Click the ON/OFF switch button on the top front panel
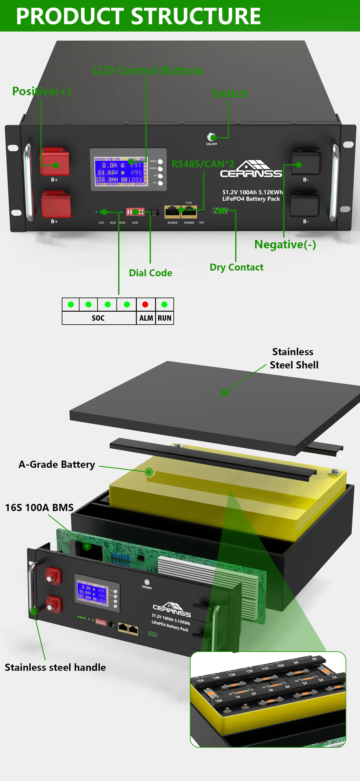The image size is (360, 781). click(211, 137)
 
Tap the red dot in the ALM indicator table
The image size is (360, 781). click(145, 304)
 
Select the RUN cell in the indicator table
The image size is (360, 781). click(164, 318)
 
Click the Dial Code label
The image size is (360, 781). click(150, 273)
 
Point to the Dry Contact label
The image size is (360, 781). click(236, 267)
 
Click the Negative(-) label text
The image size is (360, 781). click(285, 244)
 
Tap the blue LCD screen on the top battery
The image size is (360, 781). click(121, 171)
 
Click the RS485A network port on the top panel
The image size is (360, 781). click(172, 212)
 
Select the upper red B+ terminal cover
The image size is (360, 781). click(55, 162)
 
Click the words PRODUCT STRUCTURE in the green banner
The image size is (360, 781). click(138, 16)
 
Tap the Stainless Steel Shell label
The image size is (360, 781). click(293, 358)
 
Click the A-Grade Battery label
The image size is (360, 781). click(57, 465)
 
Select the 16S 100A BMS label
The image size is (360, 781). click(39, 507)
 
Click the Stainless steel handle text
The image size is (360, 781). click(55, 667)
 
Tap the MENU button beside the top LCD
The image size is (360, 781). click(160, 161)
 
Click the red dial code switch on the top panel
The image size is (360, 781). click(135, 212)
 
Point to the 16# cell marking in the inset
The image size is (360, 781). click(218, 701)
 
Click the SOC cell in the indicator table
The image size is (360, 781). click(98, 318)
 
